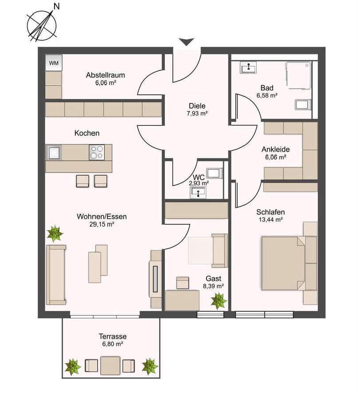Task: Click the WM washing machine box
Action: (54, 63)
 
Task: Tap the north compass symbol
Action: (43, 25)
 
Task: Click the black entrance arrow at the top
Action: (187, 42)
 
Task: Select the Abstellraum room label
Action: (106, 75)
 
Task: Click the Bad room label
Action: (267, 88)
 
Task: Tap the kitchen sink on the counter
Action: (54, 152)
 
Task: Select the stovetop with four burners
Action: (97, 152)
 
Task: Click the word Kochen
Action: (87, 133)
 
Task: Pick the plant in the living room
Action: (55, 234)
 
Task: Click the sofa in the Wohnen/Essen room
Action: (56, 274)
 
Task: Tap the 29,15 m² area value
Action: (102, 224)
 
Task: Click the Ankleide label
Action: (276, 149)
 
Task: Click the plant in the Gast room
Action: (219, 301)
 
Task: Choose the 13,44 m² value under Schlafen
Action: (270, 219)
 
